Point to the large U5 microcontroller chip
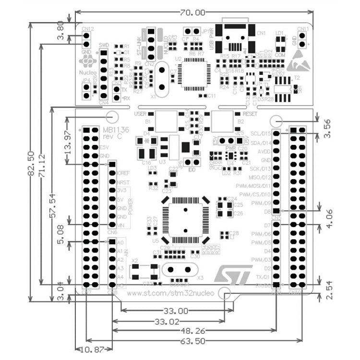185,220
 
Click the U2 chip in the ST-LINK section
192,74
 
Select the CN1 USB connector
235,36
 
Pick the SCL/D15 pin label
262,133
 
